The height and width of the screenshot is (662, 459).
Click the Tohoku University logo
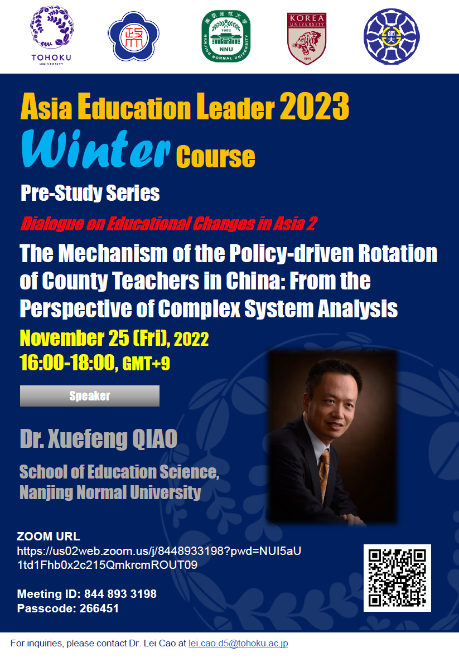(x=51, y=36)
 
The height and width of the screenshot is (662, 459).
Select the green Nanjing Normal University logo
(x=226, y=36)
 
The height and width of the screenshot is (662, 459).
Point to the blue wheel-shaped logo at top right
(x=392, y=36)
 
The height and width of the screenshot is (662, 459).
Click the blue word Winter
(x=96, y=149)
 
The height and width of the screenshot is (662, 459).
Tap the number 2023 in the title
(x=315, y=106)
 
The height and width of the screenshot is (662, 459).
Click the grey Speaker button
(x=90, y=395)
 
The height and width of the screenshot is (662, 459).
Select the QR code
(x=397, y=578)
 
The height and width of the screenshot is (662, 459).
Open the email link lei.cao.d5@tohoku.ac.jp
(x=238, y=644)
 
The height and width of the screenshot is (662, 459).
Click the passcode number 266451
(x=99, y=608)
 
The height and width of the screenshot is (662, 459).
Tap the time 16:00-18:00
(x=67, y=363)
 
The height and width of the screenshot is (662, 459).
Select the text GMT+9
(x=146, y=364)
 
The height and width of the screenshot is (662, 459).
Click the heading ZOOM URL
(x=49, y=536)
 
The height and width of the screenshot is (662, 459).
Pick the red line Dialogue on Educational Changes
(x=168, y=224)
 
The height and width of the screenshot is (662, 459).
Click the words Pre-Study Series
(x=90, y=193)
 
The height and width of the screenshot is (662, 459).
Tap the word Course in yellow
(x=215, y=157)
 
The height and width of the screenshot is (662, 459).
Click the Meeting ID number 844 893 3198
(x=120, y=594)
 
